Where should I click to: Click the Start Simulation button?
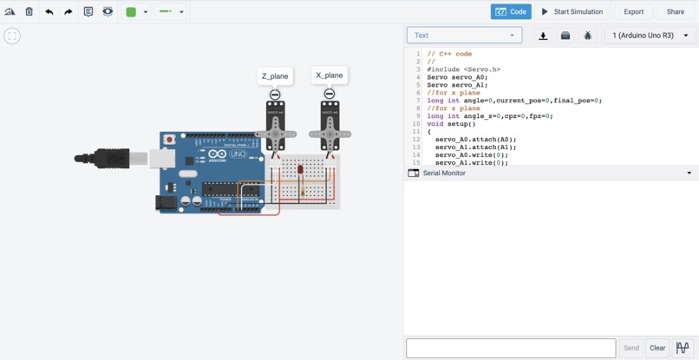coord(572,12)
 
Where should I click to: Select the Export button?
coord(633,12)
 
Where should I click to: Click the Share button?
coord(675,12)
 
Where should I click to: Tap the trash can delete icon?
coord(29,12)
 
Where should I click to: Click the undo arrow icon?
coord(49,12)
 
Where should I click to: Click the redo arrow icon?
coord(69,12)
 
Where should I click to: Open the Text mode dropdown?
coord(464,36)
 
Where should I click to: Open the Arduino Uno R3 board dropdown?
coord(650,36)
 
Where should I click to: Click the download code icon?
coord(543,36)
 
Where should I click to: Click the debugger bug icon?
coord(588,36)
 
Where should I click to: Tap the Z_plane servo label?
coord(275,76)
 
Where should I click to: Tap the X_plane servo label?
coord(329,75)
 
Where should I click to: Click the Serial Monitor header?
coord(444,173)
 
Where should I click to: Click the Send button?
coord(630,348)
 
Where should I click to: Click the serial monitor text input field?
coord(511,348)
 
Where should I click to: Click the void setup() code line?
coord(451,124)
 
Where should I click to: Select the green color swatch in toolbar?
coord(131,12)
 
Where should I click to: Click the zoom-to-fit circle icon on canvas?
coord(12,36)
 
